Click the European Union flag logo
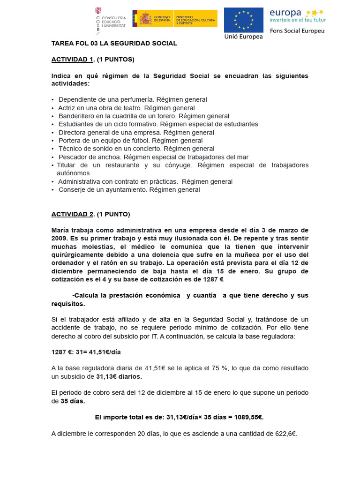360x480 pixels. click(x=243, y=20)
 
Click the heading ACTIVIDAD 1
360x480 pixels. click(x=72, y=60)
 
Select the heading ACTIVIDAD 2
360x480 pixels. click(x=72, y=214)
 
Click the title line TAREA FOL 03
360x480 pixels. click(x=114, y=43)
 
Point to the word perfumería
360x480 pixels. click(x=138, y=99)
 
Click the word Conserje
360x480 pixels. click(x=72, y=189)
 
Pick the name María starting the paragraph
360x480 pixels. click(x=61, y=230)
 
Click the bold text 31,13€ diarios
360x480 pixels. click(x=119, y=376)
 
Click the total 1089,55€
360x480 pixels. click(x=247, y=417)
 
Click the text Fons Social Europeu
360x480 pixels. click(x=297, y=30)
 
